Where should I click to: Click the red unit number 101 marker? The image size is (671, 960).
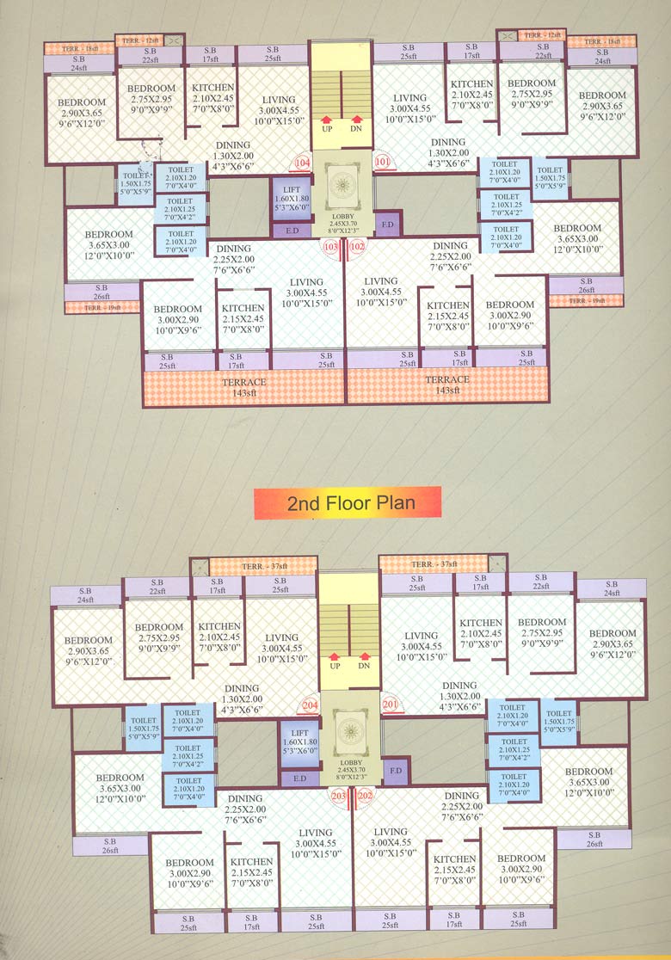click(382, 161)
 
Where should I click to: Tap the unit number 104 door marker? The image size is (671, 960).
click(301, 162)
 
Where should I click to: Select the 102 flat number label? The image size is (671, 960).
click(358, 246)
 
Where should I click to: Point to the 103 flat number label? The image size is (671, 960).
click(330, 246)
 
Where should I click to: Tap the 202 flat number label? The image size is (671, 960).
click(365, 796)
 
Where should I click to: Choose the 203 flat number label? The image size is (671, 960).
click(339, 796)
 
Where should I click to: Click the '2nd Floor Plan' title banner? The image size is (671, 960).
click(348, 503)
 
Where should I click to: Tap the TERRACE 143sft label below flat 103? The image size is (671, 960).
click(244, 386)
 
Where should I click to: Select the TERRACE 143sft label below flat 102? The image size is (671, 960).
click(447, 385)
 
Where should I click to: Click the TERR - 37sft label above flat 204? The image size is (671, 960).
click(262, 565)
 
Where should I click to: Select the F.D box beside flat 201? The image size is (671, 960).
click(396, 769)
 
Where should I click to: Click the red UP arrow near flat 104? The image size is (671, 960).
click(327, 120)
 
